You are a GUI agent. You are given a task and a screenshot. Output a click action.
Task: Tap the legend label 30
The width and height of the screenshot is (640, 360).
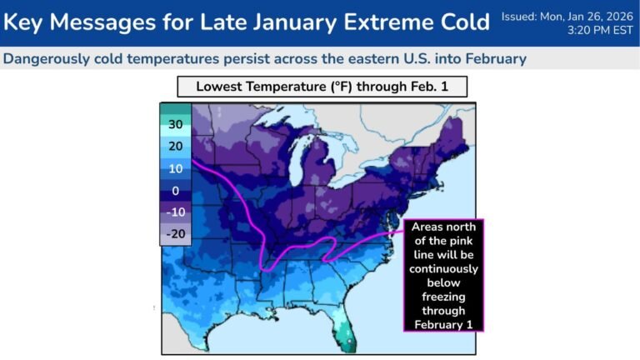175,125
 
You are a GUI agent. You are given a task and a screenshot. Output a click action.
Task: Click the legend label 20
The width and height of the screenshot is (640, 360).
175,147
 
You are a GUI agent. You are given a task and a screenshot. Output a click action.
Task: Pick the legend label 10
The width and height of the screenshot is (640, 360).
175,168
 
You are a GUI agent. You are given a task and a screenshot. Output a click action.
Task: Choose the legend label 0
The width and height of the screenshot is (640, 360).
175,190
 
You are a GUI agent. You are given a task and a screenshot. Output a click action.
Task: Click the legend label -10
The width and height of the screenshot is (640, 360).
175,212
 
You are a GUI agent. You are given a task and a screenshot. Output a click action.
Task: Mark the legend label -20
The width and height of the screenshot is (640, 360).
175,234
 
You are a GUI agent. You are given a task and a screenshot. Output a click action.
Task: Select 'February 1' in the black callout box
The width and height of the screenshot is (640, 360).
443,324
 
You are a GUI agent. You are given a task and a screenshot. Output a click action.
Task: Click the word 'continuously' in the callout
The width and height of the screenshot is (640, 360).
443,269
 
